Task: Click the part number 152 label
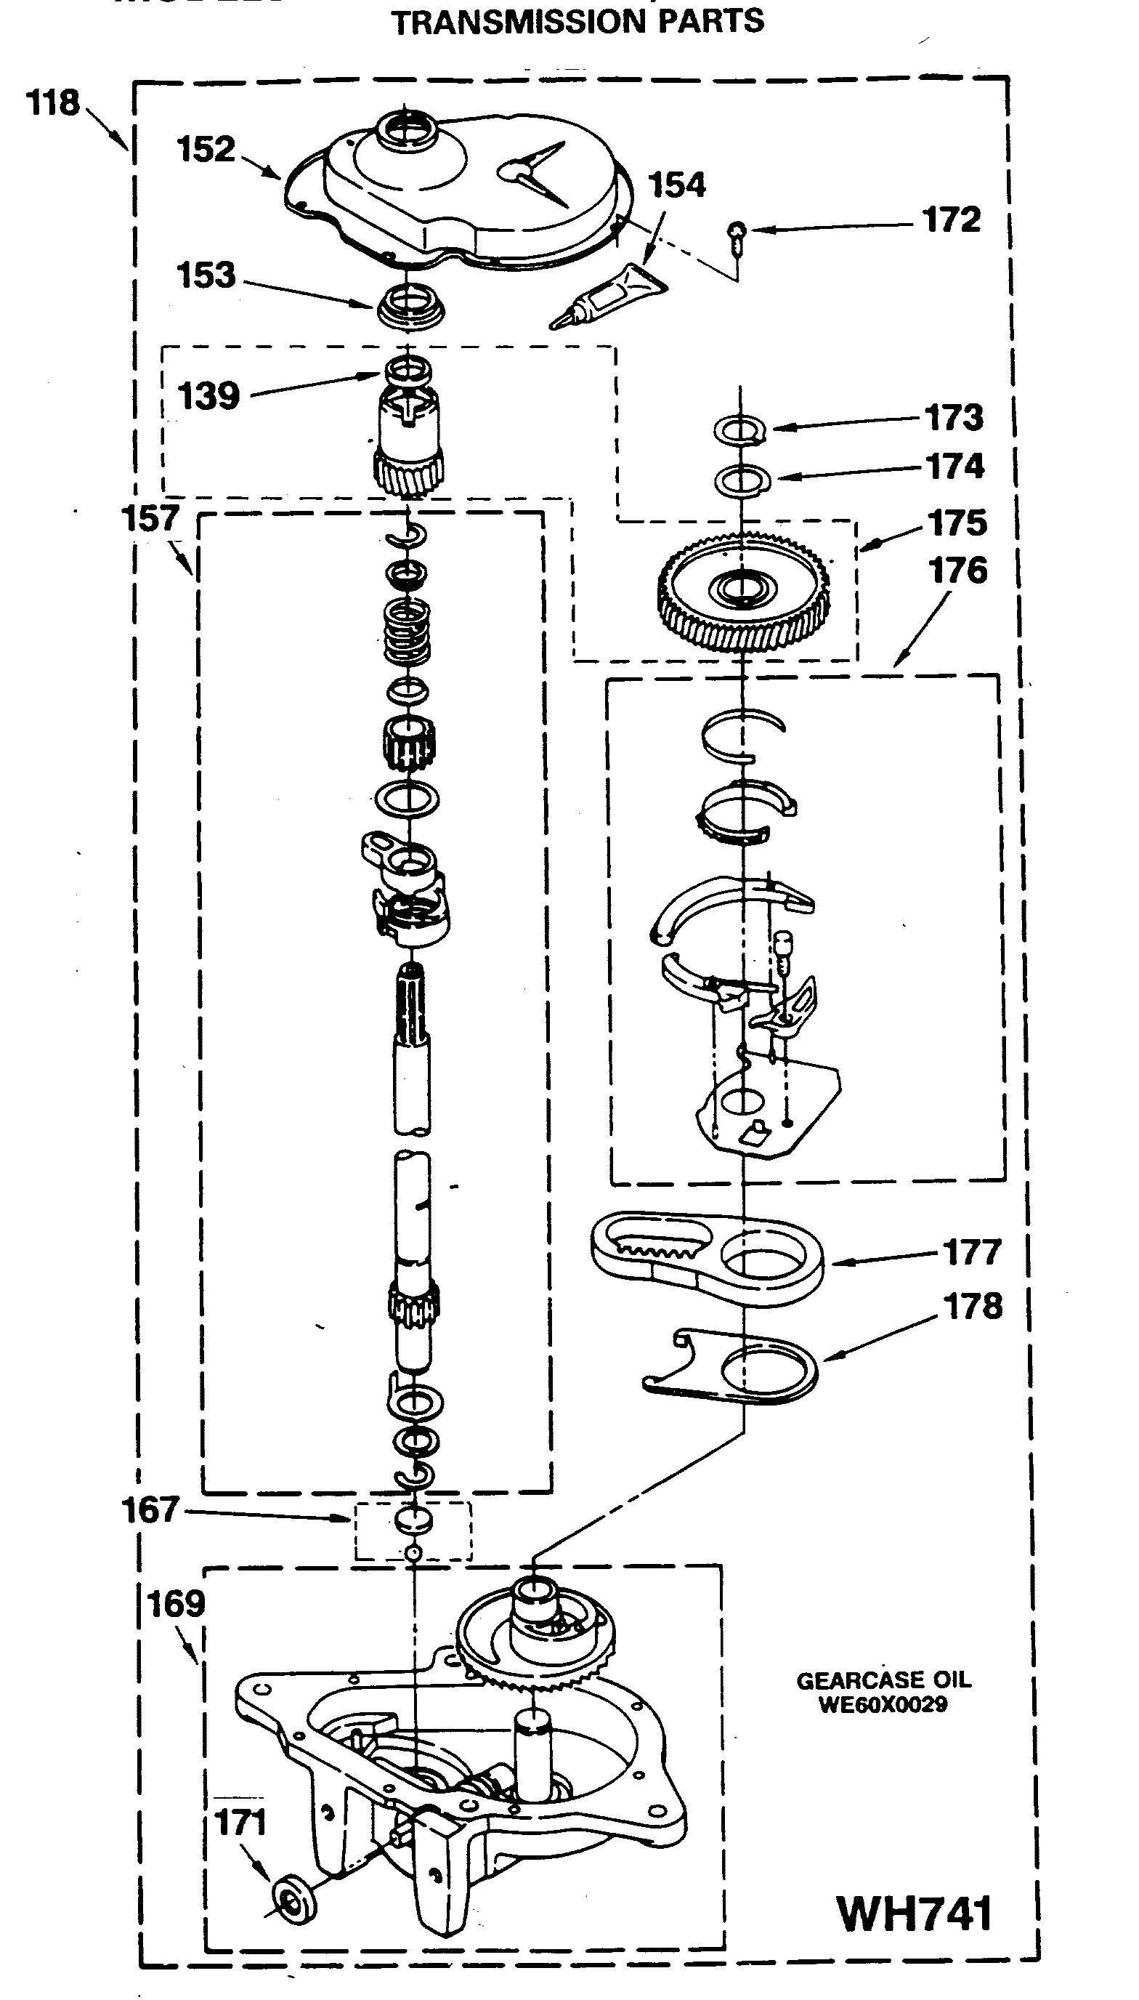point(206,150)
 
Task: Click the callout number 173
point(954,418)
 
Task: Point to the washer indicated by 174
point(742,480)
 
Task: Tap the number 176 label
point(958,571)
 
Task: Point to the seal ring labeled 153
point(410,305)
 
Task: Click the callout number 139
point(208,396)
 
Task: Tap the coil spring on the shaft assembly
point(407,632)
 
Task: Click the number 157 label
point(150,519)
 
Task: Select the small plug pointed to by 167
point(413,1520)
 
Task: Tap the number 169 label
point(176,1605)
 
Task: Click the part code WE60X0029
point(883,1704)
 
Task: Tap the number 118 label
point(52,103)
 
